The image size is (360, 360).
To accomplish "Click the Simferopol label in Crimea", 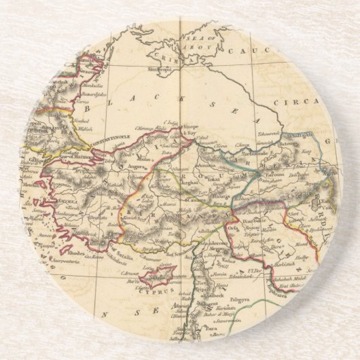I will click(x=166, y=69).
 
